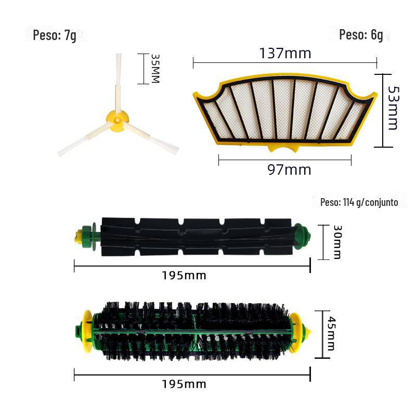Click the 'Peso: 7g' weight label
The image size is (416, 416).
click(x=55, y=35)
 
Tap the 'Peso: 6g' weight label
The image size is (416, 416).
click(x=361, y=35)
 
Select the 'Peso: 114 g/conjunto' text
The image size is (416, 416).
click(x=359, y=202)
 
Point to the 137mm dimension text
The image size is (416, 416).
click(x=285, y=53)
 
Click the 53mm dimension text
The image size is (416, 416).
click(x=393, y=108)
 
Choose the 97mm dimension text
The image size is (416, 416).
click(x=289, y=170)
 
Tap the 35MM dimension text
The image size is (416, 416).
click(x=155, y=69)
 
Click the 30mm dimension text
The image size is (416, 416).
click(x=337, y=242)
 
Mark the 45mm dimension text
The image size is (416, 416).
click(x=331, y=333)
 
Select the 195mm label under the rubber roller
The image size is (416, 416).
click(x=184, y=276)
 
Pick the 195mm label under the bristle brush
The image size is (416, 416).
click(x=184, y=384)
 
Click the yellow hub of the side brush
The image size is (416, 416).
click(x=117, y=121)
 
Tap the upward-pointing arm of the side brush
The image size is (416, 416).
click(x=119, y=82)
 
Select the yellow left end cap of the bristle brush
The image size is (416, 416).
click(x=87, y=331)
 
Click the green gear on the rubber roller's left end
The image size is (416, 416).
click(x=88, y=236)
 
